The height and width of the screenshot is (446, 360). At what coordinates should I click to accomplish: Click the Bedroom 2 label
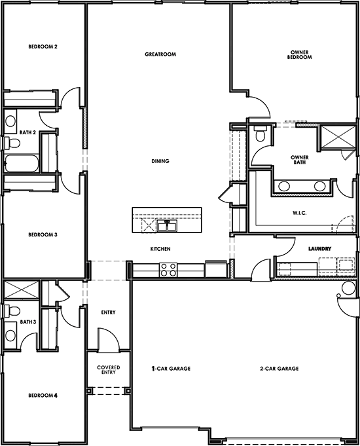tap(43, 46)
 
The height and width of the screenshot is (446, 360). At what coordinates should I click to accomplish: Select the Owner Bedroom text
tap(300, 54)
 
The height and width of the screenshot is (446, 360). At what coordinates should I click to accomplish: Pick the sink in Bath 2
tap(11, 121)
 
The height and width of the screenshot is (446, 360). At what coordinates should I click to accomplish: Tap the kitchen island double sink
tap(167, 227)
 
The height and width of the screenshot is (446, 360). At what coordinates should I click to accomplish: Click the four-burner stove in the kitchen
tap(168, 268)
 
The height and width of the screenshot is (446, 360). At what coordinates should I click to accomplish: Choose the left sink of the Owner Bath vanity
tap(285, 186)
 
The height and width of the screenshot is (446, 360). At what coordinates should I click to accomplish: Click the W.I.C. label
tap(299, 213)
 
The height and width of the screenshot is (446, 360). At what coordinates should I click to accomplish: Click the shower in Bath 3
tap(20, 290)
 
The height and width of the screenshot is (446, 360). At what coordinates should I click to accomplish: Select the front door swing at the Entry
tap(108, 341)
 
